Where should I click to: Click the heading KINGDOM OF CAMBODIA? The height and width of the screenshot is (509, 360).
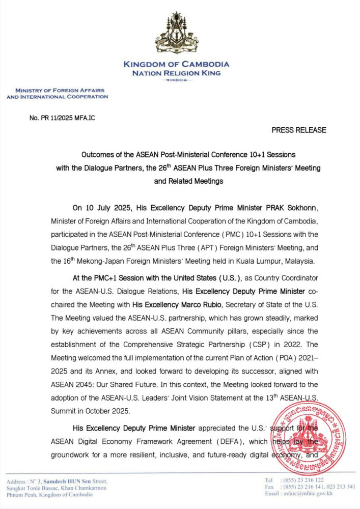pos(176,64)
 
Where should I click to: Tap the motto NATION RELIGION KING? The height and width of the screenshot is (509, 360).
pos(176,73)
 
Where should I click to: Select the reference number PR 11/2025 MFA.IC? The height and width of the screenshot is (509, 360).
pos(63,118)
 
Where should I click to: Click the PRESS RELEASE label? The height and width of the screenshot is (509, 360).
pos(299,130)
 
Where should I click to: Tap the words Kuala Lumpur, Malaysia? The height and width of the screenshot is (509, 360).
pos(281,261)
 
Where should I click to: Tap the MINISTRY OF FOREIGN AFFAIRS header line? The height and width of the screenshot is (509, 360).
pos(57,90)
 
